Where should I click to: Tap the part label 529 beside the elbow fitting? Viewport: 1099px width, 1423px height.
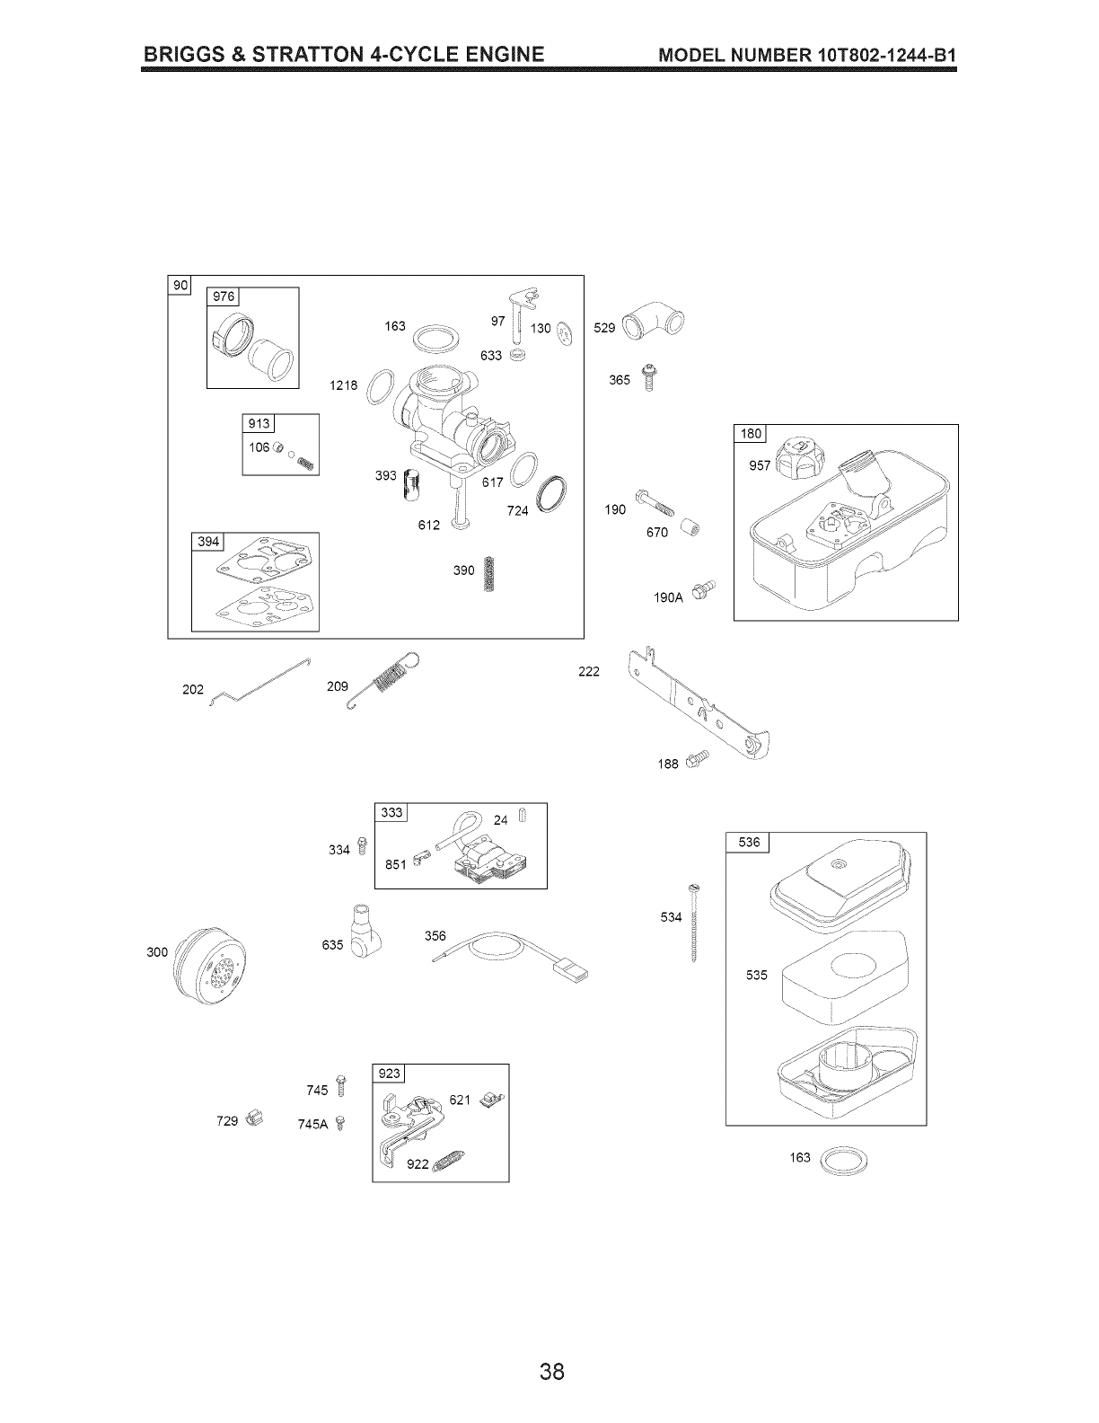point(604,328)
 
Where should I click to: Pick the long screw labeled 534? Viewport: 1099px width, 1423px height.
point(694,922)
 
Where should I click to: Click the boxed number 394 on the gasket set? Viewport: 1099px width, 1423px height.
point(208,541)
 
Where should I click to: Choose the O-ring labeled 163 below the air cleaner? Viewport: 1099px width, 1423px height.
point(846,1159)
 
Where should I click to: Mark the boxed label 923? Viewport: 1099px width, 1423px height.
point(390,1073)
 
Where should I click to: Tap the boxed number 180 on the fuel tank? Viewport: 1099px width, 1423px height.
point(750,434)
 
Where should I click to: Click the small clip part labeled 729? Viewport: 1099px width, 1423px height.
point(254,1119)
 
